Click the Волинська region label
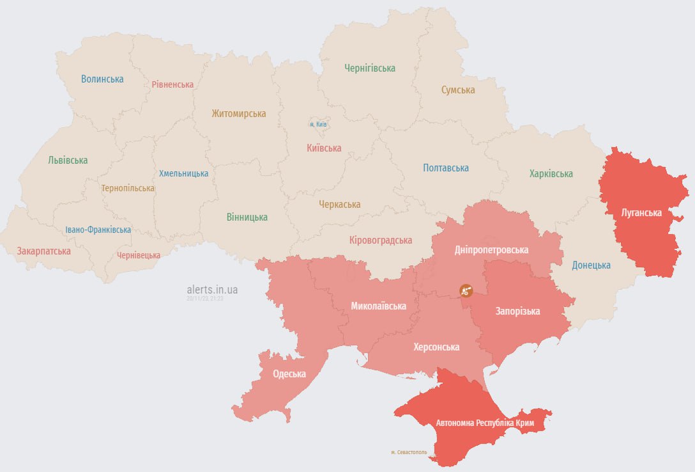[x=102, y=79]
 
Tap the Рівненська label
[x=172, y=84]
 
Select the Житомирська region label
[x=239, y=114]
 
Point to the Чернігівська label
[x=370, y=68]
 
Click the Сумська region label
[x=458, y=90]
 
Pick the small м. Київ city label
[x=317, y=124]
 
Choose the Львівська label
[x=68, y=161]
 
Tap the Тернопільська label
[x=128, y=189]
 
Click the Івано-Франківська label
[x=98, y=230]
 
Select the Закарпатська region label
[x=44, y=251]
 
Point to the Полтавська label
[x=446, y=168]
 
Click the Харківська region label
[x=551, y=174]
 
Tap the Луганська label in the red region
[x=641, y=212]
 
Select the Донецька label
[x=591, y=265]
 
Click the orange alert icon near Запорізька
[x=466, y=290]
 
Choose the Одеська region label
[x=289, y=374]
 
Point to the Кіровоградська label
[x=381, y=240]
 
